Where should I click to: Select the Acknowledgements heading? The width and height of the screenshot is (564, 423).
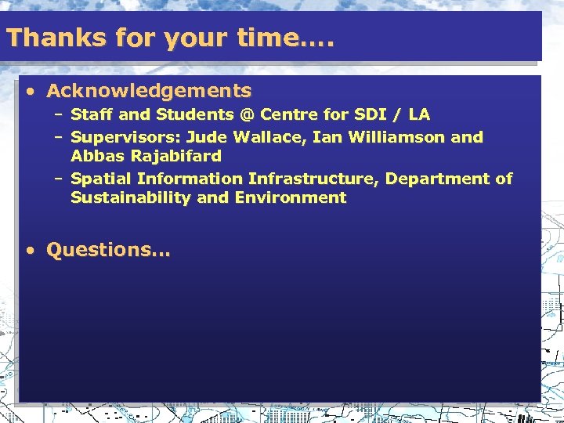click(149, 91)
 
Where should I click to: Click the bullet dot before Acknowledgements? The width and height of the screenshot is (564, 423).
click(30, 92)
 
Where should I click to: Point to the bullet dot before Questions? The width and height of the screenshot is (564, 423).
click(30, 251)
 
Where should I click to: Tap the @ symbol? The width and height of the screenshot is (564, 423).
click(248, 115)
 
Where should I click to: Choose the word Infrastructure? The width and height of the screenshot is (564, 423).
click(314, 179)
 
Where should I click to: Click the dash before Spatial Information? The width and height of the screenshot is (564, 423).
click(59, 179)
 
